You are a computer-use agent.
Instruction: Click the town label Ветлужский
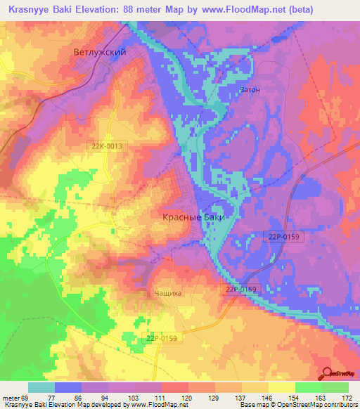99,52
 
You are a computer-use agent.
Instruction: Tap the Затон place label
249,90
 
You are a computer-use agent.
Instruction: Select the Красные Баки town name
194,218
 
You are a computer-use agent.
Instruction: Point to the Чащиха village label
168,295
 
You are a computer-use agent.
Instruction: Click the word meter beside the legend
11,397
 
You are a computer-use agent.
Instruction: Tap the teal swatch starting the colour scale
41,387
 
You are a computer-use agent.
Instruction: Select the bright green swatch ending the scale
335,387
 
